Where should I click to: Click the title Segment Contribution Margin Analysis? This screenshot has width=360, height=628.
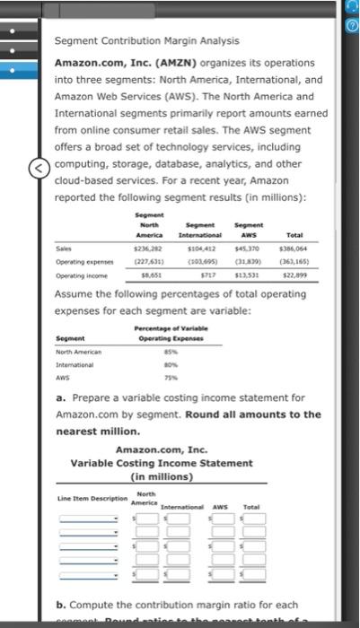[x=145, y=41]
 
